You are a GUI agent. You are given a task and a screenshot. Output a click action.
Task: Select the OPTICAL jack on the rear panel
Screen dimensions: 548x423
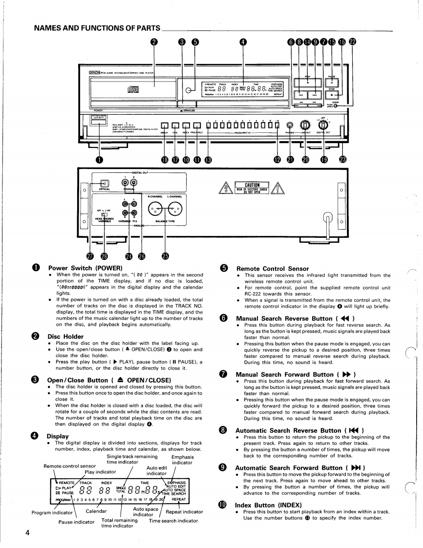click(x=104, y=184)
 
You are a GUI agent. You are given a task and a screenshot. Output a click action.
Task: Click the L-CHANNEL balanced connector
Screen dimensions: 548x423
click(x=174, y=210)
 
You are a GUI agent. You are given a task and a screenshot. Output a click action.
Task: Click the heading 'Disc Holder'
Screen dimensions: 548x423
click(x=65, y=336)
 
